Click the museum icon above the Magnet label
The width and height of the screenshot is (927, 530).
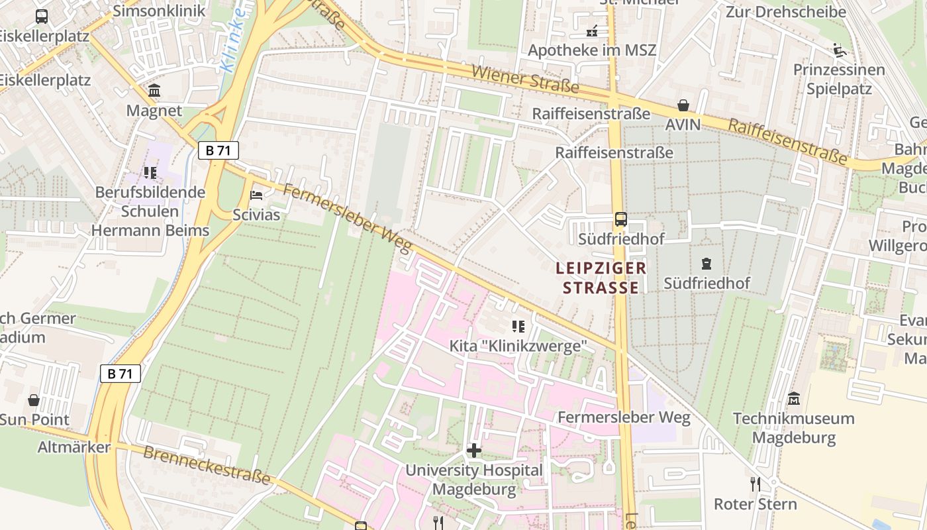154,90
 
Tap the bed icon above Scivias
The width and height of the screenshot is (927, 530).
256,195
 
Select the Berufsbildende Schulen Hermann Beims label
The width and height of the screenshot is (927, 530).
150,211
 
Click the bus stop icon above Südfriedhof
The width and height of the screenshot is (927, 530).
621,219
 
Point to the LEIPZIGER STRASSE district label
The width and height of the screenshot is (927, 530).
601,278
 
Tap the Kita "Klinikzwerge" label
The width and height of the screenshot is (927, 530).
518,346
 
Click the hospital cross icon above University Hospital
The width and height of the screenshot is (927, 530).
474,451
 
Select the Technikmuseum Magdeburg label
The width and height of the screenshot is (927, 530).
793,428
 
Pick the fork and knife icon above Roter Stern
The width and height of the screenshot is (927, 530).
756,484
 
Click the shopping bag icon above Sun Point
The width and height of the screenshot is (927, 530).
34,400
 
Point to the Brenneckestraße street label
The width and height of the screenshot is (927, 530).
207,464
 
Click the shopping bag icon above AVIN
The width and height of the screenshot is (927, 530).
683,105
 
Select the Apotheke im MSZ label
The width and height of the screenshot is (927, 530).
592,51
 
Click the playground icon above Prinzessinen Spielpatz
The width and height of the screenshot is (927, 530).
840,50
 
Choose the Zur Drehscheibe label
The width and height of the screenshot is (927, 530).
786,12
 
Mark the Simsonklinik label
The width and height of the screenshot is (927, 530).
160,11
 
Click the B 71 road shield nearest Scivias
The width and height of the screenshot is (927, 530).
219,150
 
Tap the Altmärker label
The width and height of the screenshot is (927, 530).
74,447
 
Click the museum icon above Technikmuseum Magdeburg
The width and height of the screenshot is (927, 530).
793,399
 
